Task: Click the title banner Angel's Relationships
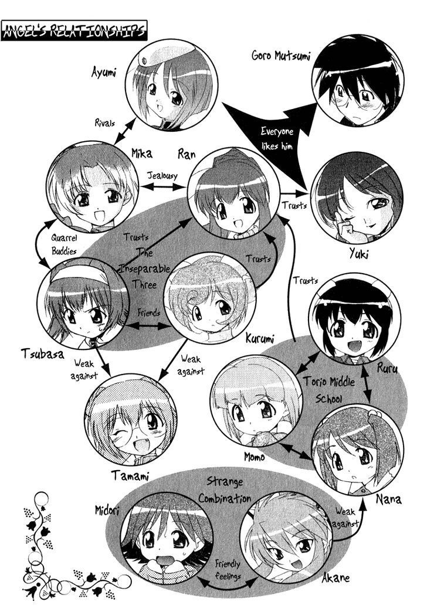point(74,30)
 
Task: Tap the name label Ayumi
point(104,73)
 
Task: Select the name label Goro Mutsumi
point(280,55)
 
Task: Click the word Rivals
point(105,123)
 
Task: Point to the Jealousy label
point(162,176)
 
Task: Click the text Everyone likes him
point(277,138)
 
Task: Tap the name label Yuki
point(358,254)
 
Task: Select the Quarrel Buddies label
point(64,244)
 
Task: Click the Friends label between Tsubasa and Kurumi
point(149,312)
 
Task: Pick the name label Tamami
point(130,476)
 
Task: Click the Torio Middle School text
point(329,389)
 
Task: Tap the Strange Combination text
point(224,490)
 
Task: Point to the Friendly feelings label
point(228,569)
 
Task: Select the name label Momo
point(255,456)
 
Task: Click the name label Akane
point(335,577)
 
